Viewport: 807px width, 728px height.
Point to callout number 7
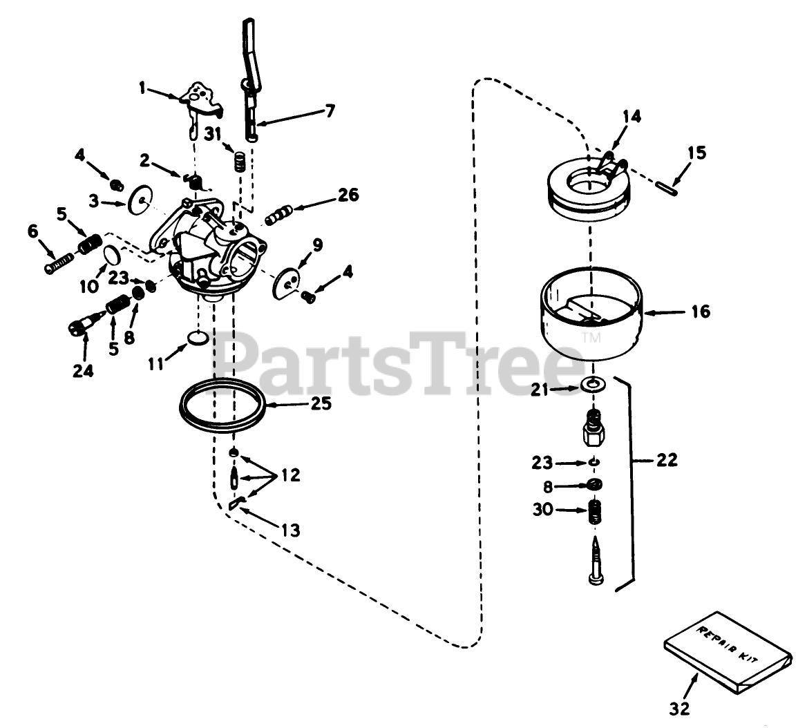pyautogui.click(x=330, y=110)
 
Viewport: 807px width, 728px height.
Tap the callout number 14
pyautogui.click(x=630, y=117)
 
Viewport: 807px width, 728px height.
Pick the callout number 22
pyautogui.click(x=667, y=459)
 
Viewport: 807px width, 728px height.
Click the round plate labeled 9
pyautogui.click(x=286, y=281)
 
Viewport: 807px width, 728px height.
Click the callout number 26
pyautogui.click(x=349, y=195)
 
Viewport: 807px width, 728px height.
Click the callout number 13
pyautogui.click(x=291, y=530)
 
